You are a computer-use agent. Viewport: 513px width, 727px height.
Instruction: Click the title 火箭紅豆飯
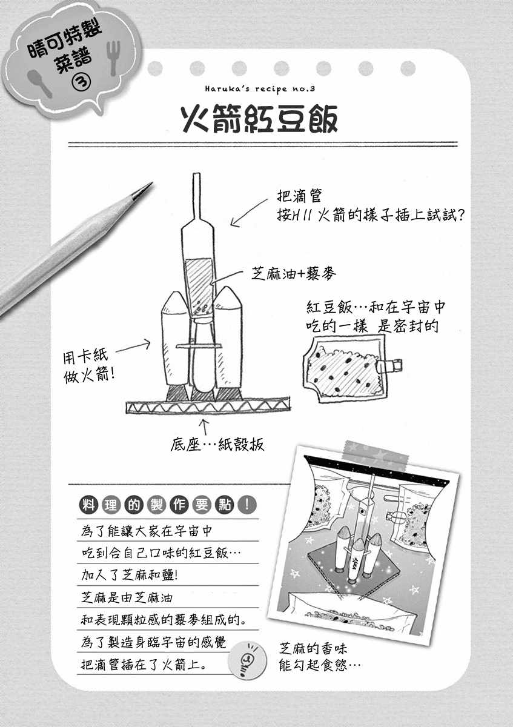(x=259, y=119)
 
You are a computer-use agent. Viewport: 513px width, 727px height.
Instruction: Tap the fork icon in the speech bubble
(x=113, y=58)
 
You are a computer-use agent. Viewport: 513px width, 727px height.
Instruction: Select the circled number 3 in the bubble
(x=81, y=81)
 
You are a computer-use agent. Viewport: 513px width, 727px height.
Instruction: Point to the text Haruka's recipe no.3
(x=260, y=89)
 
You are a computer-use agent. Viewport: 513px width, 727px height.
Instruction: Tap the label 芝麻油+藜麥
(x=294, y=274)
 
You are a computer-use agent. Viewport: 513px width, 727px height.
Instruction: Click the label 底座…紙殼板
(x=217, y=445)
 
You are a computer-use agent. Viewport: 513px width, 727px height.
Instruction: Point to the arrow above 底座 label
(x=204, y=427)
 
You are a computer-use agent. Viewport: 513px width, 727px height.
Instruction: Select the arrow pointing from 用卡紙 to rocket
(x=133, y=346)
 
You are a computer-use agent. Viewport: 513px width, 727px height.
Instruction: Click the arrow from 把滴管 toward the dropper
(x=249, y=213)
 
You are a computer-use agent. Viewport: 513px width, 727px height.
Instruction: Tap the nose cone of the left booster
(x=175, y=302)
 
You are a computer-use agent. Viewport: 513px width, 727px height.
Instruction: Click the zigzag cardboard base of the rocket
(x=208, y=406)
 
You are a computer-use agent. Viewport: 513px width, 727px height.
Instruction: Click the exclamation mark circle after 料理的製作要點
(x=247, y=505)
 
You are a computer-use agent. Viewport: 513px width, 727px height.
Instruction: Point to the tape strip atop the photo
(x=376, y=456)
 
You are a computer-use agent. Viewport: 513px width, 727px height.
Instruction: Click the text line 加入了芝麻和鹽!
(x=130, y=575)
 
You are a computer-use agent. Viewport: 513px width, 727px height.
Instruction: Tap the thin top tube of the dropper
(x=197, y=197)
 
